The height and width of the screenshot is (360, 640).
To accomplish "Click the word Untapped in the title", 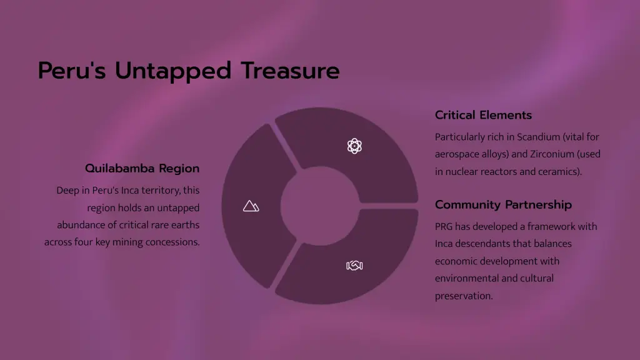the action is click(173, 71).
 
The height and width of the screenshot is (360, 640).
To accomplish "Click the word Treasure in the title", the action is click(290, 70).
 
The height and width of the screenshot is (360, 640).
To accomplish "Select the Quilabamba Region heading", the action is click(142, 168).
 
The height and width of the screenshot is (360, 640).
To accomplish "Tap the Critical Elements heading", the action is click(483, 115).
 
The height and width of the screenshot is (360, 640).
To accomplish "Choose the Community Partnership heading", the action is click(503, 204).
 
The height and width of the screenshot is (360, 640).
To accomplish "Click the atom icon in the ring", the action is click(354, 146).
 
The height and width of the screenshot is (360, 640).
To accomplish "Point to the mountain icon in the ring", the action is click(251, 206).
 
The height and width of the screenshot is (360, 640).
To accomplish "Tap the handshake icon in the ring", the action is click(354, 266).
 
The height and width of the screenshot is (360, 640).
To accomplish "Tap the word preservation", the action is click(464, 296).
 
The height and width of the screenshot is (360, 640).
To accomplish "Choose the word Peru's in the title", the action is click(72, 71).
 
